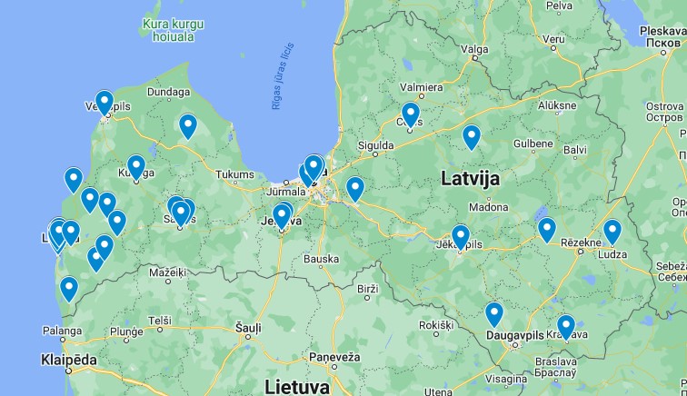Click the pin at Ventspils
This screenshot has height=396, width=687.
tap(105, 103)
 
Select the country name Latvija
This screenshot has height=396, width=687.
tap(470, 178)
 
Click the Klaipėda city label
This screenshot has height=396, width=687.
tap(69, 360)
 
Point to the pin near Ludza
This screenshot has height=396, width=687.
tap(612, 232)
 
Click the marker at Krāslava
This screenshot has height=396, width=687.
tap(566, 326)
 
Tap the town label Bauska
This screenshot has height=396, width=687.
tap(321, 259)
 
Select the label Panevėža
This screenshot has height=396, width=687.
tap(333, 357)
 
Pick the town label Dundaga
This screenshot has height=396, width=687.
tap(168, 92)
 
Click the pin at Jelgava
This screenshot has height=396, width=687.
tap(282, 216)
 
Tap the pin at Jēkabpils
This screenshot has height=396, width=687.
tap(461, 237)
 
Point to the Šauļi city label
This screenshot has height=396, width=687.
tap(248, 327)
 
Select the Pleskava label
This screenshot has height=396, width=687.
tap(661, 31)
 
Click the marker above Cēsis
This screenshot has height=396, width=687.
tap(411, 114)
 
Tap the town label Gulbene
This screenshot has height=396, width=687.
tap(533, 144)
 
